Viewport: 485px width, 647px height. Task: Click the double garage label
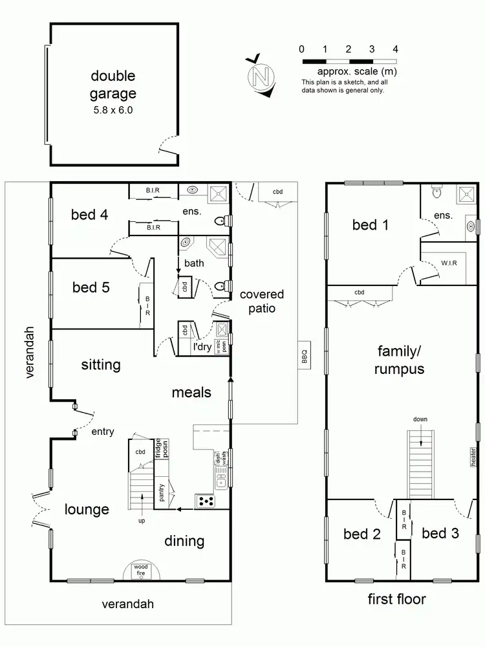[x=113, y=85]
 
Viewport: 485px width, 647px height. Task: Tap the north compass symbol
[x=260, y=76]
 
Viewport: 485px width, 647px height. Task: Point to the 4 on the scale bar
[x=395, y=49]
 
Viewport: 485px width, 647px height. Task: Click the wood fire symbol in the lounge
[x=141, y=570]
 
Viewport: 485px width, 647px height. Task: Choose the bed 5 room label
[x=91, y=287]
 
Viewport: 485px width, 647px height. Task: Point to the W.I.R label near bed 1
[x=449, y=263]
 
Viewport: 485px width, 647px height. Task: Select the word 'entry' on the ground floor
[x=103, y=431]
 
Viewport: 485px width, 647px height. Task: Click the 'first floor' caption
[x=397, y=599]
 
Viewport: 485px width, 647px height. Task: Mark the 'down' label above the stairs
[x=420, y=419]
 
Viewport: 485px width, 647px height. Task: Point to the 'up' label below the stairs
[x=141, y=520]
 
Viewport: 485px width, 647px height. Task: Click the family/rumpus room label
[x=401, y=360]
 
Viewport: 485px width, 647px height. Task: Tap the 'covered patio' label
[x=261, y=302]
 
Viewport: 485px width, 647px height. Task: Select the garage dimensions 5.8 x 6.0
[x=113, y=110]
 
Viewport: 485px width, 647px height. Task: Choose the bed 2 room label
[x=361, y=534]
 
